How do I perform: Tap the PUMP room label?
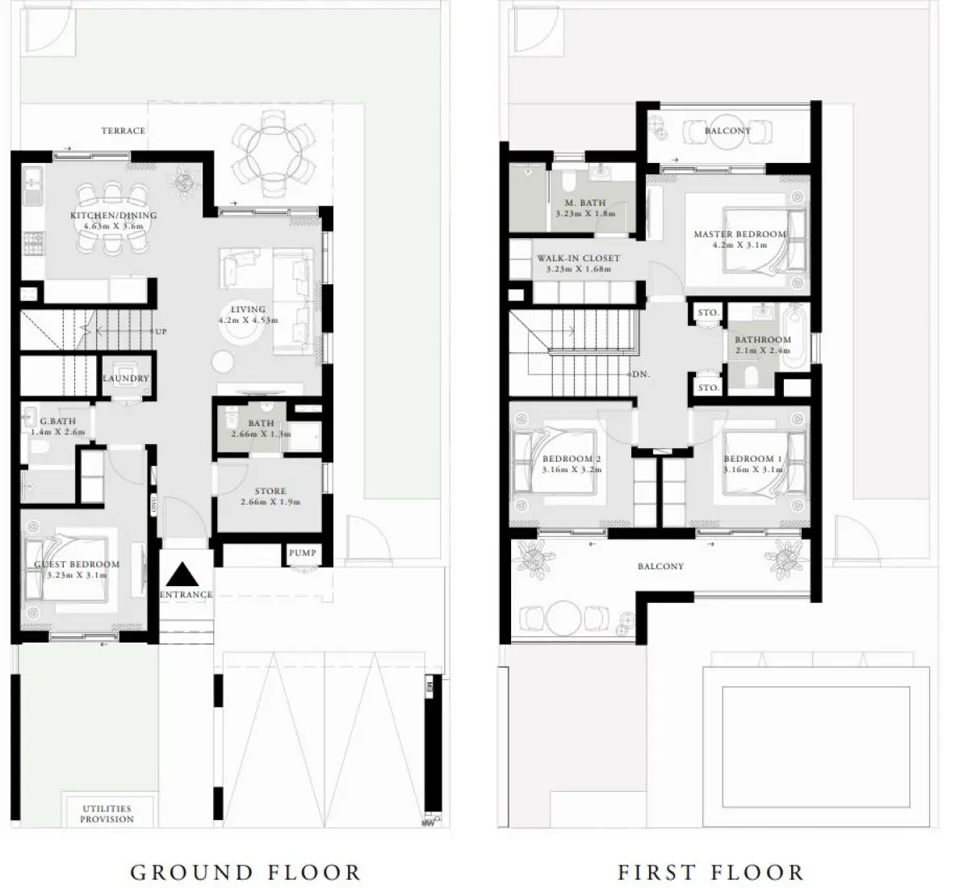pyautogui.click(x=302, y=553)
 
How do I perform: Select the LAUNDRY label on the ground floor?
pyautogui.click(x=126, y=378)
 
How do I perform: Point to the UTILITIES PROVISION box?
pyautogui.click(x=107, y=813)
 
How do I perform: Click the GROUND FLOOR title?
pyautogui.click(x=245, y=872)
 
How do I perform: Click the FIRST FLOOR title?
pyautogui.click(x=710, y=872)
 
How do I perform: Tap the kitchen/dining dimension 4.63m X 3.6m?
pyautogui.click(x=113, y=227)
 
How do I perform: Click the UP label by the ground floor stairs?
pyautogui.click(x=161, y=331)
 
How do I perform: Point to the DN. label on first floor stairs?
pyautogui.click(x=641, y=375)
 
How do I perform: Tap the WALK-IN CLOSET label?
pyautogui.click(x=578, y=258)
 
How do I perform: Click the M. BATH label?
pyautogui.click(x=585, y=203)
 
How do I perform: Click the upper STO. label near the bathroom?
pyautogui.click(x=708, y=312)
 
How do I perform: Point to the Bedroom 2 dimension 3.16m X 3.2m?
pyautogui.click(x=571, y=469)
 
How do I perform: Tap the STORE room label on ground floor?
pyautogui.click(x=270, y=491)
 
